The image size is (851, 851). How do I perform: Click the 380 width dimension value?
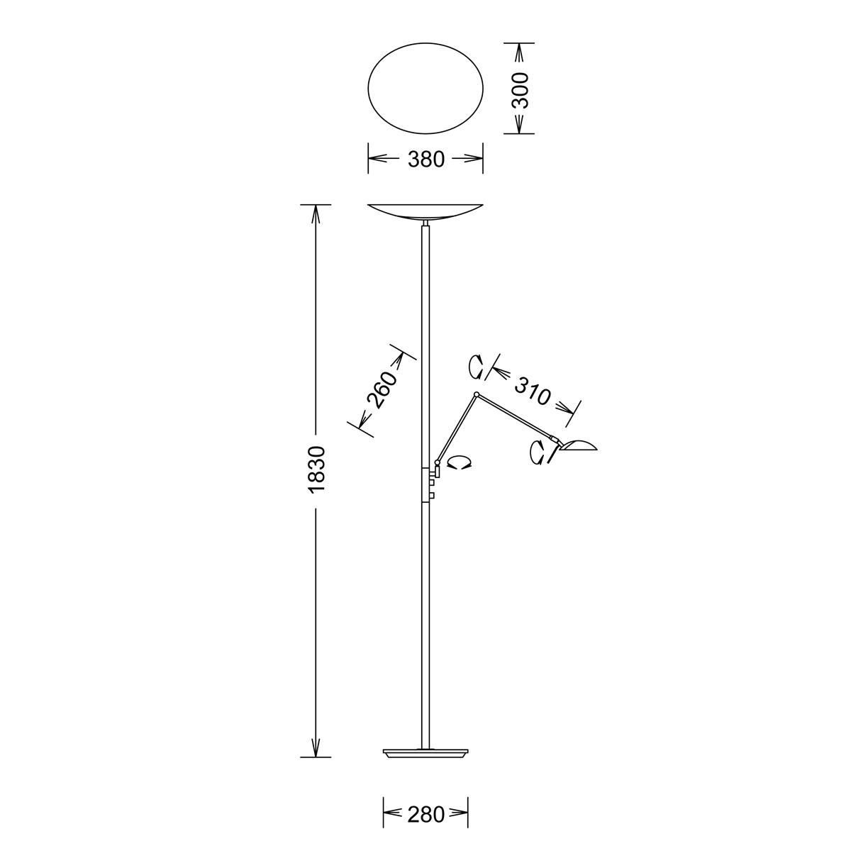(x=425, y=159)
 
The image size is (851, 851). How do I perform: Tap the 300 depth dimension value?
(x=520, y=90)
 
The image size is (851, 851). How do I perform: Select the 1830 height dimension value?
(x=316, y=469)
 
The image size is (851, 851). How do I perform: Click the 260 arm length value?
(x=380, y=390)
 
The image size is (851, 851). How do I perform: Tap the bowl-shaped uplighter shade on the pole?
(x=425, y=213)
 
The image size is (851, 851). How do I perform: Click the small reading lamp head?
(x=579, y=445)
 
